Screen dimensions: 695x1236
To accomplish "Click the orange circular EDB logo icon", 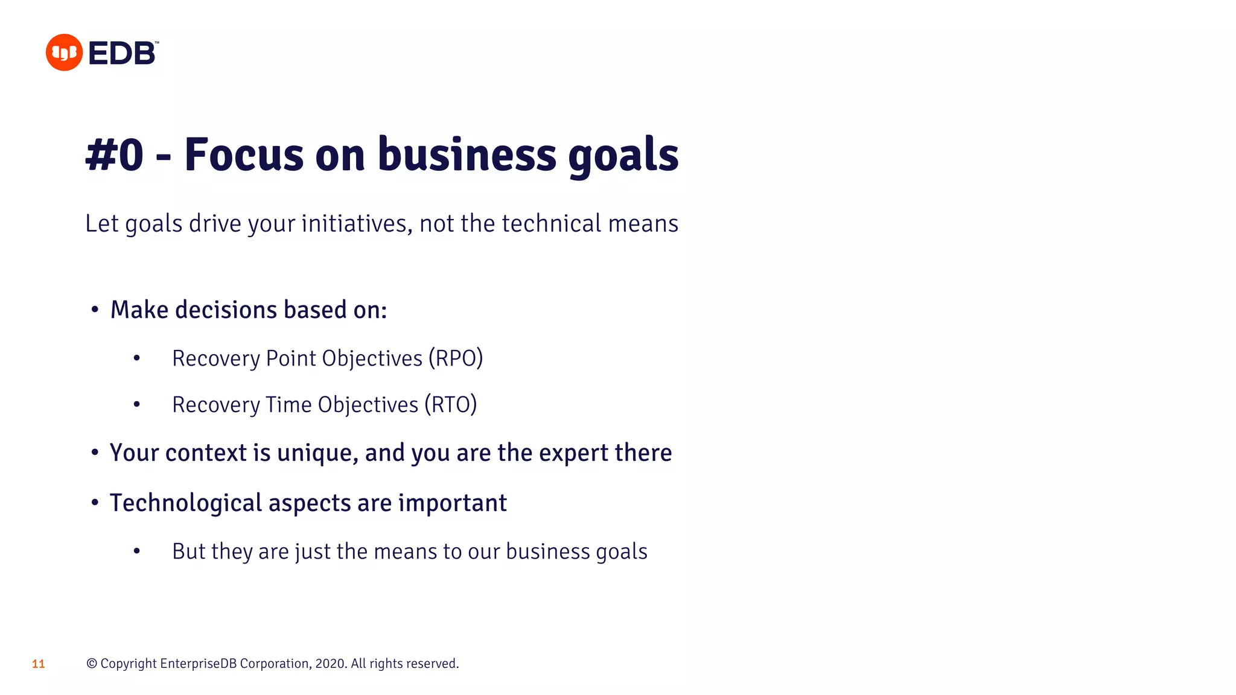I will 64,52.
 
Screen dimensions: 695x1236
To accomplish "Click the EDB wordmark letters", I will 123,53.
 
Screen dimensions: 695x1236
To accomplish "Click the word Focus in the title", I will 244,155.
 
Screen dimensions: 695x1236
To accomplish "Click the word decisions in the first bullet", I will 226,310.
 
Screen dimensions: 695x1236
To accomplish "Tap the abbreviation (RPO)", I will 456,358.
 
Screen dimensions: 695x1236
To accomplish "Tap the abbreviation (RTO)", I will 450,405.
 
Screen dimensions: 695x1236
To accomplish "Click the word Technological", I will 185,503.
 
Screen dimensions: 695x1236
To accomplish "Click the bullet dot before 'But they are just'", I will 137,551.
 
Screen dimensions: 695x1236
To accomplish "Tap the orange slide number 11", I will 38,664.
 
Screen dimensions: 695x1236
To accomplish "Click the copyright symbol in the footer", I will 92,664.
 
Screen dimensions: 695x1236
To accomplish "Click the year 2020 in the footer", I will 330,664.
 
